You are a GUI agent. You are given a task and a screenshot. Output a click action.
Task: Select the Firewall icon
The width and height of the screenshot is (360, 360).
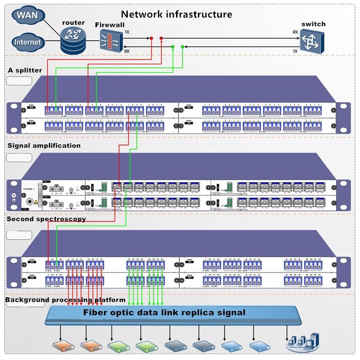(x=109, y=40)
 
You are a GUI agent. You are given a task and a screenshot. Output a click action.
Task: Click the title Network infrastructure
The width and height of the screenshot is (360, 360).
(x=177, y=14)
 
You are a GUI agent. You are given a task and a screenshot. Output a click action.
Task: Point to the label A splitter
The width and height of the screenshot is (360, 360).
(x=25, y=70)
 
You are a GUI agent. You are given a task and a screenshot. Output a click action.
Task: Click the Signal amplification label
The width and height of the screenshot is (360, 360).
(x=44, y=145)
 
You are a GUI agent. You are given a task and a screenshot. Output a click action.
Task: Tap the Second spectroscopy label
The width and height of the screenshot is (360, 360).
(x=46, y=219)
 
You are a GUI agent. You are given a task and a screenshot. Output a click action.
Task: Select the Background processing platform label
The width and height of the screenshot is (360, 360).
(x=66, y=300)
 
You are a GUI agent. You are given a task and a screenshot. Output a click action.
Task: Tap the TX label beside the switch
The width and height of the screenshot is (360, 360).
(x=295, y=51)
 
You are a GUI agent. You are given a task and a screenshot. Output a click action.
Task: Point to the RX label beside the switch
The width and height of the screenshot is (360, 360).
(x=295, y=32)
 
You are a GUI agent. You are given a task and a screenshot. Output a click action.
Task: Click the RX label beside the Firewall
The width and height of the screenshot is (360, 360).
(x=127, y=51)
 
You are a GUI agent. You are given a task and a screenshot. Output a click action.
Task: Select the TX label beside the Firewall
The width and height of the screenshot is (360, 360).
(x=127, y=32)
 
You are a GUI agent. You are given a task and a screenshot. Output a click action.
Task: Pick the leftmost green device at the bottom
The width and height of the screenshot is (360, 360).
(x=117, y=346)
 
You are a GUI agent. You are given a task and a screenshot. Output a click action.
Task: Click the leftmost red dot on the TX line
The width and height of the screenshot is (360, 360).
(x=151, y=38)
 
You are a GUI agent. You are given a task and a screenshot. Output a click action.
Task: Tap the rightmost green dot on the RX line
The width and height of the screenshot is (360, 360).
(x=183, y=47)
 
